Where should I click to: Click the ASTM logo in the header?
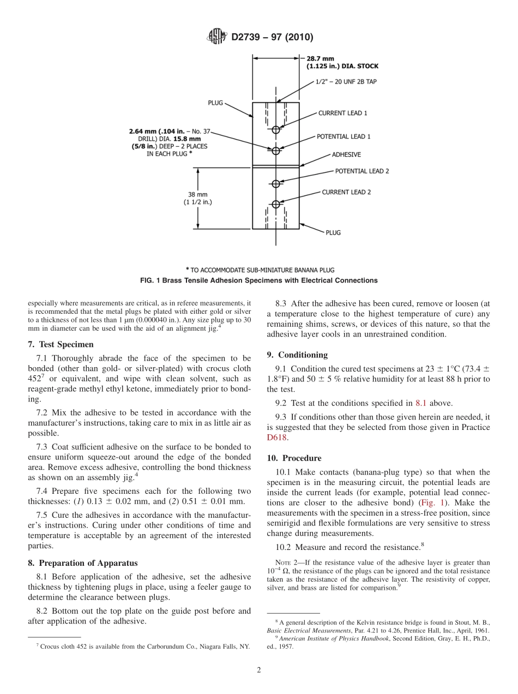pyautogui.click(x=217, y=37)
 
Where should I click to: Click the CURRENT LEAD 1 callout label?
pyautogui.click(x=342, y=113)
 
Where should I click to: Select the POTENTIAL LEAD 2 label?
pyautogui.click(x=362, y=171)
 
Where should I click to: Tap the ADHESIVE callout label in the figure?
pyautogui.click(x=346, y=155)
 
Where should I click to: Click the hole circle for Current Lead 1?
pyautogui.click(x=276, y=129)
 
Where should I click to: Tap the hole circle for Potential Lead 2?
pyautogui.click(x=276, y=183)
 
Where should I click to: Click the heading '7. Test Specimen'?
pyautogui.click(x=61, y=344)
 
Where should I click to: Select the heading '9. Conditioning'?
pyautogui.click(x=297, y=355)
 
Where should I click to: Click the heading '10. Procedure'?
pyautogui.click(x=294, y=458)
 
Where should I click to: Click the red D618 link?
pyautogui.click(x=276, y=437)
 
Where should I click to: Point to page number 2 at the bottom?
pyautogui.click(x=259, y=671)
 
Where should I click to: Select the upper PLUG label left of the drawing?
pyautogui.click(x=215, y=103)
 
